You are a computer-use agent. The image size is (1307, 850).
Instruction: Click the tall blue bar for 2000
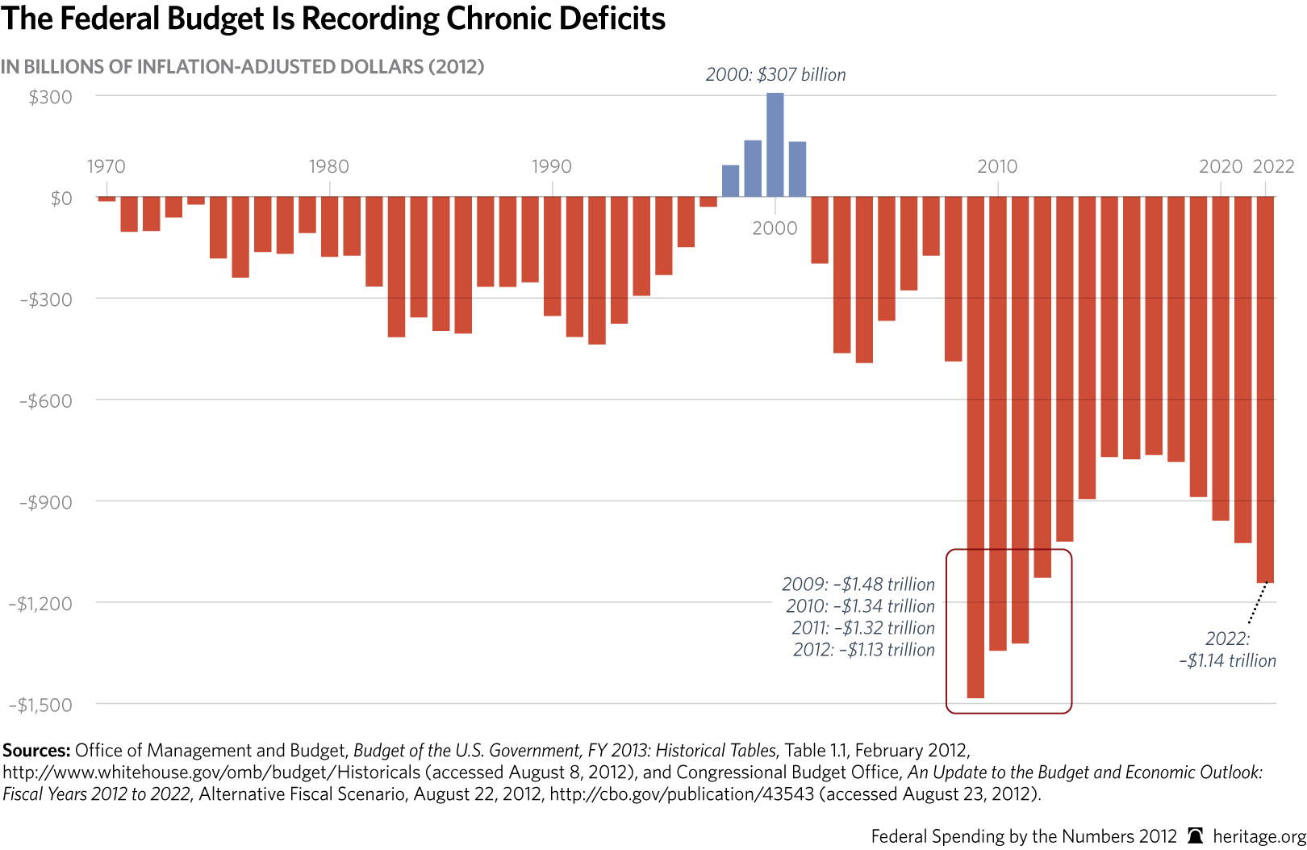click(775, 145)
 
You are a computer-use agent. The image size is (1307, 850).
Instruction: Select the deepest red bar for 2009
click(975, 452)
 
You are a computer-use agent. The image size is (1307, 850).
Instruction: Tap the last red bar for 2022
click(1265, 387)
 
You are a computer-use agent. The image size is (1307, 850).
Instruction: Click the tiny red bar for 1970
click(106, 199)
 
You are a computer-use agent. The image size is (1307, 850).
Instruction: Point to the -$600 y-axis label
click(46, 401)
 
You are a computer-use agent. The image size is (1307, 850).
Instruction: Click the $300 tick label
click(50, 98)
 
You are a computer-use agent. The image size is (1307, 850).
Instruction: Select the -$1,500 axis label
click(40, 706)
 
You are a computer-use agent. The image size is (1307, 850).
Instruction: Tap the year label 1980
click(328, 167)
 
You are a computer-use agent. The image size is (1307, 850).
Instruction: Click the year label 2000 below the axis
click(775, 228)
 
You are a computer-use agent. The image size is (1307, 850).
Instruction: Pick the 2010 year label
click(997, 167)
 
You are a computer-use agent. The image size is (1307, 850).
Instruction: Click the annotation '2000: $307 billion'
click(775, 75)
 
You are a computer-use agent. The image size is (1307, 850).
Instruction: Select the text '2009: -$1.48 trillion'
click(858, 584)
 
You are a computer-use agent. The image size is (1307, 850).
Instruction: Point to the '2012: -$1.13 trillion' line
click(863, 650)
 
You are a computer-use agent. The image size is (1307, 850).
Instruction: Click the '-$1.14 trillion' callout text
click(1227, 661)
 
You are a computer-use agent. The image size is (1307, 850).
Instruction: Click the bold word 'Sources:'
click(36, 751)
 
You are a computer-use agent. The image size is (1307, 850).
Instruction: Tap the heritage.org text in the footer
click(1259, 836)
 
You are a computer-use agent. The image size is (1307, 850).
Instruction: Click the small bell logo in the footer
click(1196, 836)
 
